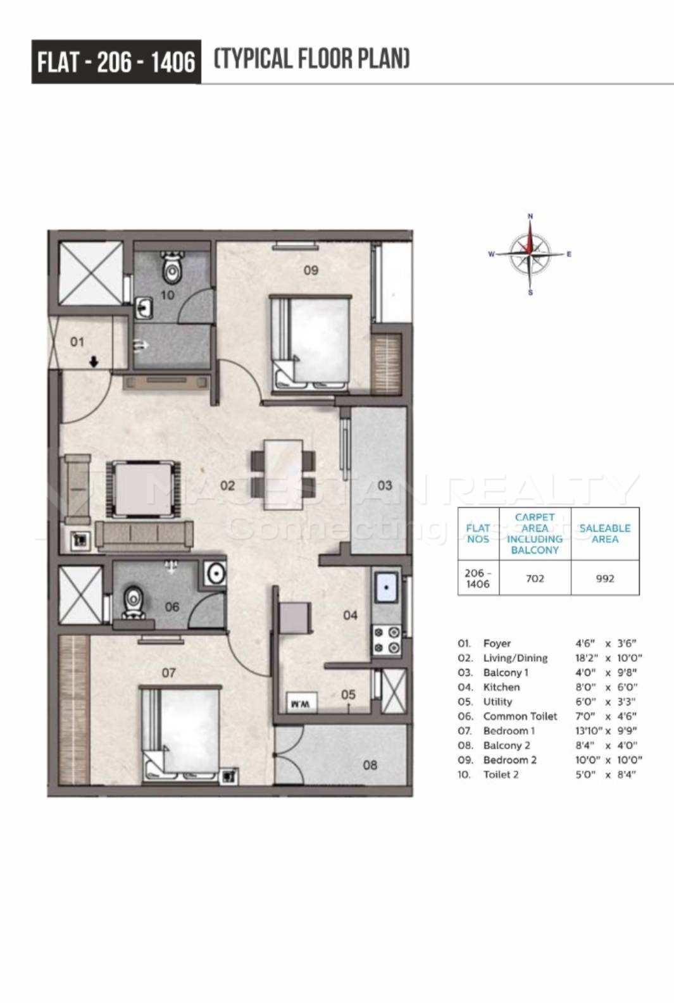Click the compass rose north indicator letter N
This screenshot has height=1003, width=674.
pyautogui.click(x=530, y=216)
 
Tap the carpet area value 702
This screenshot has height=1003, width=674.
pyautogui.click(x=535, y=578)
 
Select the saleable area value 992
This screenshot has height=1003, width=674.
pyautogui.click(x=604, y=578)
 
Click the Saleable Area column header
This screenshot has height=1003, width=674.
pyautogui.click(x=604, y=533)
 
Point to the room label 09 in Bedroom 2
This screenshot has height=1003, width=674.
pyautogui.click(x=311, y=270)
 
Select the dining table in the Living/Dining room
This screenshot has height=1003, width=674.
pyautogui.click(x=283, y=474)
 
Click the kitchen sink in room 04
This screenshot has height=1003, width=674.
pyautogui.click(x=386, y=587)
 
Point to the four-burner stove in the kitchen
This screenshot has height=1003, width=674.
pyautogui.click(x=387, y=641)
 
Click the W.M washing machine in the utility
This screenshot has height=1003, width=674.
pyautogui.click(x=301, y=704)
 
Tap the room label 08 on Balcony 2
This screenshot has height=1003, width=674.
pyautogui.click(x=370, y=765)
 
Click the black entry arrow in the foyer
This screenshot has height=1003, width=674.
pyautogui.click(x=94, y=361)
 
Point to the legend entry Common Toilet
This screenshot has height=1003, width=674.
pyautogui.click(x=520, y=716)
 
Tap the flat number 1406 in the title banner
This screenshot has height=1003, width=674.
pyautogui.click(x=172, y=62)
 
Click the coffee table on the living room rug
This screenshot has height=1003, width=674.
pyautogui.click(x=142, y=489)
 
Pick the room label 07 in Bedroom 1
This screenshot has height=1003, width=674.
pyautogui.click(x=168, y=673)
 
